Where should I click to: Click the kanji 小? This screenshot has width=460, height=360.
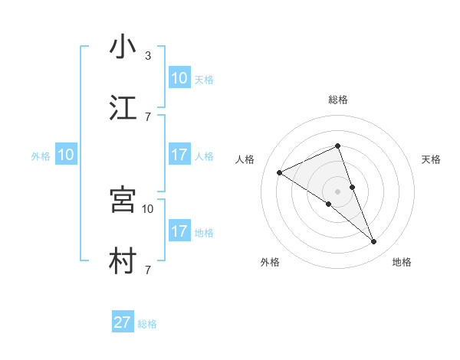(123, 47)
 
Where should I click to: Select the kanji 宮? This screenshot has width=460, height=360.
(123, 200)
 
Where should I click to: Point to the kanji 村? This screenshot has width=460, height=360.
(123, 261)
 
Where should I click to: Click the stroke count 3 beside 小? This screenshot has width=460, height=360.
(148, 56)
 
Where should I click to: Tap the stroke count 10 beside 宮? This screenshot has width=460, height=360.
(148, 208)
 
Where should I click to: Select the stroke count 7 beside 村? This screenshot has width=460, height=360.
(148, 270)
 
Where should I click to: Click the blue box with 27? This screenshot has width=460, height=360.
(123, 322)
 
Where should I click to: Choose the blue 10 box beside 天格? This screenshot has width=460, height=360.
(179, 78)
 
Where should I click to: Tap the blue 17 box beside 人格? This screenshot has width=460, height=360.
(179, 155)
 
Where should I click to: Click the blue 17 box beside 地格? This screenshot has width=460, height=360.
(179, 231)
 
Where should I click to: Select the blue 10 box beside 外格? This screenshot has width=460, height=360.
(66, 155)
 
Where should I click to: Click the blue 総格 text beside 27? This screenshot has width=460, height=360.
(147, 324)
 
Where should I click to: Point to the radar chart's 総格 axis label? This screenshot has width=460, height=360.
(337, 100)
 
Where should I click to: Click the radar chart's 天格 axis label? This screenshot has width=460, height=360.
(432, 159)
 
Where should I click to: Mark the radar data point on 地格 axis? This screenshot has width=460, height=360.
(374, 242)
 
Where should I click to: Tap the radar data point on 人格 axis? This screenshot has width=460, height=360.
(279, 172)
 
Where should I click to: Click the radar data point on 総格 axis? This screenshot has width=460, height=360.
(337, 146)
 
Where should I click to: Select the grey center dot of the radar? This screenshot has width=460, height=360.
(337, 191)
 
